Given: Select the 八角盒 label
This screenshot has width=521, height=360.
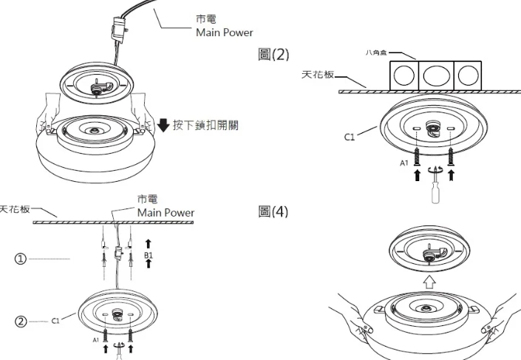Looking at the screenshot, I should point(375,53).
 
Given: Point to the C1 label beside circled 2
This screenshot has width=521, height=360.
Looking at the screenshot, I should point(57,321).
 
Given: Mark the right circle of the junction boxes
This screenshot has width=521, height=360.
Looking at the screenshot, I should point(468,77).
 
